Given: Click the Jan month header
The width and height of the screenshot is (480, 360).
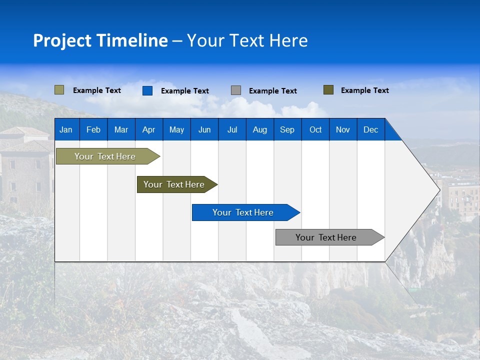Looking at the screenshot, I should pos(66,129).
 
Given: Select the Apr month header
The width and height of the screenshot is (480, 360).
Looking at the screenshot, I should pos(148,129).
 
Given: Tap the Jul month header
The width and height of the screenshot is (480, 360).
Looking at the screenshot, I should pos(232,129).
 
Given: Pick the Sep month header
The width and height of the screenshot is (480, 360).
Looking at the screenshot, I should pos(287,129).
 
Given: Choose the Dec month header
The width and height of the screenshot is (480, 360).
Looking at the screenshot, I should pos(370,129).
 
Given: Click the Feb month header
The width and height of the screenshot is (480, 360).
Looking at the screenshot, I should pos(93,129).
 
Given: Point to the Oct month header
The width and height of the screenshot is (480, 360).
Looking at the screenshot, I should pos(315,129).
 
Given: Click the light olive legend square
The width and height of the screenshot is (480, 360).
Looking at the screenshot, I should pos(59,90).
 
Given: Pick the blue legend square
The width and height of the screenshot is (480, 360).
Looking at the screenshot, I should pos(147,90).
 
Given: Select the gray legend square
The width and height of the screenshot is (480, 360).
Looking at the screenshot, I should pos(236,90).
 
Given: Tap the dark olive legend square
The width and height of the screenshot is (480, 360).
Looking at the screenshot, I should pos(328,90).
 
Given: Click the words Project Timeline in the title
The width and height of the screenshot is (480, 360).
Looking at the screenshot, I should pos(100,40).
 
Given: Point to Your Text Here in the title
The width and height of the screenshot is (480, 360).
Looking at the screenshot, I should pos(247,40).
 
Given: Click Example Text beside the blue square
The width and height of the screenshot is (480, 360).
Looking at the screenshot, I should pos(184,91).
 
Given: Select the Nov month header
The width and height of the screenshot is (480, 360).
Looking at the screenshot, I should pos(343,129).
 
